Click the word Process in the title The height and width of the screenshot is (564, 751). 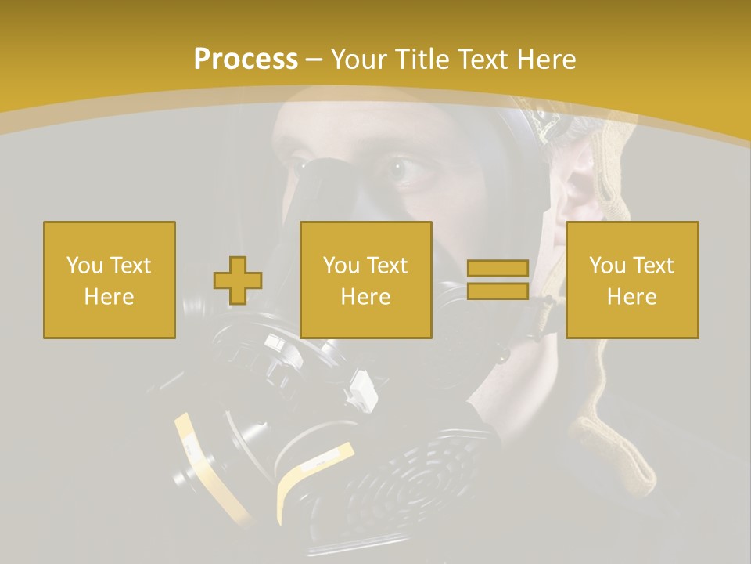pyautogui.click(x=246, y=60)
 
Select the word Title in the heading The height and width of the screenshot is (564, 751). pyautogui.click(x=423, y=60)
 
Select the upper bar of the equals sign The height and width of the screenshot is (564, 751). pyautogui.click(x=498, y=269)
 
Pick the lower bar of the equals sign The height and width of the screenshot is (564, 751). pyautogui.click(x=498, y=291)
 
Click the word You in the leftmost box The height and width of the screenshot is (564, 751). pyautogui.click(x=84, y=266)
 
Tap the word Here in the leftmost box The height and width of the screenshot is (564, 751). pyautogui.click(x=109, y=297)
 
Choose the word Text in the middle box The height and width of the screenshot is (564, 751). pyautogui.click(x=386, y=266)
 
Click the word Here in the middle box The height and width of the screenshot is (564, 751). pyautogui.click(x=365, y=297)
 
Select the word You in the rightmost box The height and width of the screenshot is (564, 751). pyautogui.click(x=607, y=266)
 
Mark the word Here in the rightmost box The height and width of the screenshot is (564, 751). pyautogui.click(x=631, y=297)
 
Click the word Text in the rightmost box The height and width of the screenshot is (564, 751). pyautogui.click(x=652, y=266)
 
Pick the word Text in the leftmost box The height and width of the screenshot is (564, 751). pyautogui.click(x=130, y=266)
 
